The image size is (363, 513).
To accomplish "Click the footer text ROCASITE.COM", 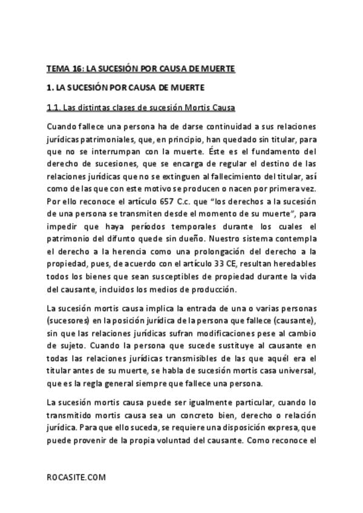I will click(76, 477).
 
